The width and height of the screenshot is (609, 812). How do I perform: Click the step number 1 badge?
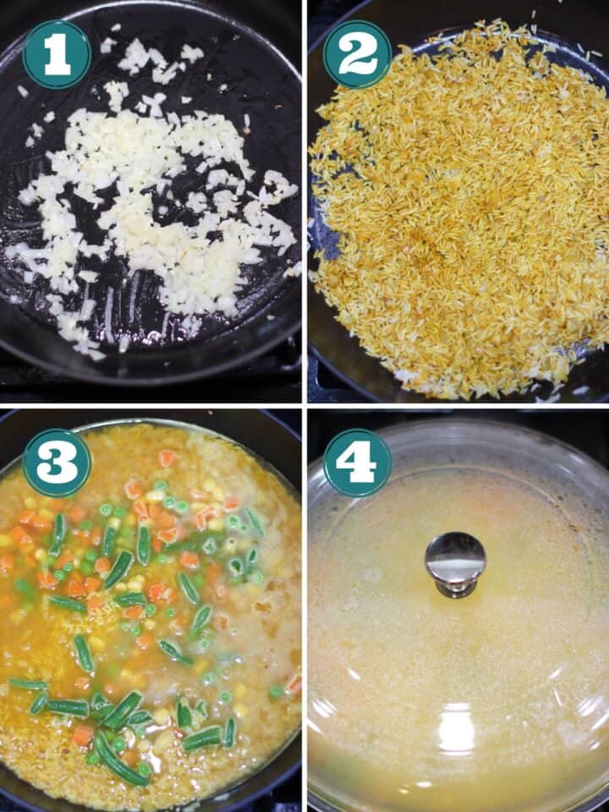tap(57, 54)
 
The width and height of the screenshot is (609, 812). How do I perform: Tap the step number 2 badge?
tap(357, 54)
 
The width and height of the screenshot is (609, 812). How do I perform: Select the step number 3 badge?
tap(57, 463)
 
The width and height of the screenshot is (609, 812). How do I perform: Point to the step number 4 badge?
tap(357, 463)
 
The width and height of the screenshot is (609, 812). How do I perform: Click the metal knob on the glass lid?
tap(455, 564)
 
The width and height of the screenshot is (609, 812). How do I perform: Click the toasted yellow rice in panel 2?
tap(461, 212)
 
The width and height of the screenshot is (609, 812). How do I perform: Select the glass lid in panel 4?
tap(458, 617)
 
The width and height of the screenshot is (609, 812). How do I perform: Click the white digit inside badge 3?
tap(57, 463)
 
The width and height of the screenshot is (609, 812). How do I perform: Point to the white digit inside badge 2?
tap(357, 54)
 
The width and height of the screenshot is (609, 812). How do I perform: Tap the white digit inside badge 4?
tap(356, 463)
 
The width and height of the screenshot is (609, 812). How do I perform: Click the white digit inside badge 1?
tap(58, 54)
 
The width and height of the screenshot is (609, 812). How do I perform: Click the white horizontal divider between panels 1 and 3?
tap(151, 406)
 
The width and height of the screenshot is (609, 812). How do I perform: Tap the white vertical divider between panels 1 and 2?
tap(305, 201)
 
